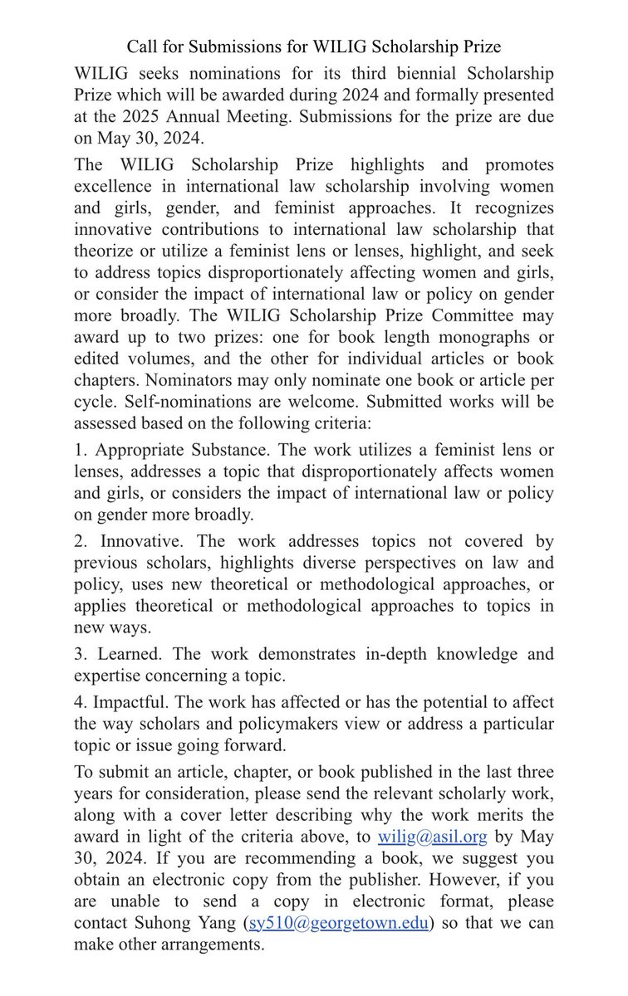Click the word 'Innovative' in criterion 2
pos(133,541)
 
